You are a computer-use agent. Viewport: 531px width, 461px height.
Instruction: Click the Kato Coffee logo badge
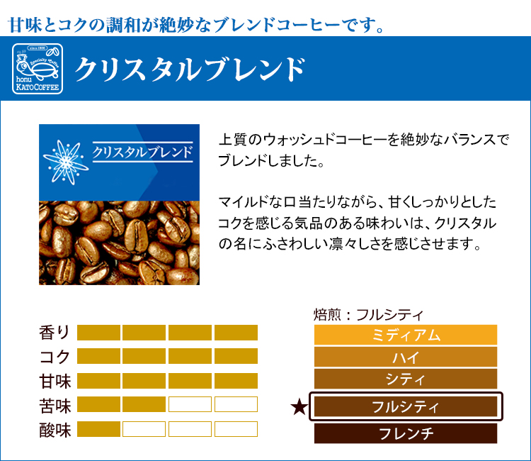[x=38, y=69]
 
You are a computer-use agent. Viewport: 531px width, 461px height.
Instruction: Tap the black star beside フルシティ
[x=299, y=407]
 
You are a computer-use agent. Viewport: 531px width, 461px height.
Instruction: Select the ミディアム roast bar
[x=406, y=335]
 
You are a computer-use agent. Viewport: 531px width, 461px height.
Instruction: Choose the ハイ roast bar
[x=406, y=357]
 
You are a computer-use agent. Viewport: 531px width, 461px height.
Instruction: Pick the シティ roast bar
[x=406, y=379]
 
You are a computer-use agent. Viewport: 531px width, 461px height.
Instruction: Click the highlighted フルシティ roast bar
[x=406, y=406]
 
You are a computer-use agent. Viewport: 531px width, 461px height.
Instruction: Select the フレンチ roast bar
[x=406, y=433]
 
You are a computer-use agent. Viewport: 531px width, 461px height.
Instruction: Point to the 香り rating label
[x=55, y=333]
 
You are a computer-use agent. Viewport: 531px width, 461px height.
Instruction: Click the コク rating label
[x=55, y=357]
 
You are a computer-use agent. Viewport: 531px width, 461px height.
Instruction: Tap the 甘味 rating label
[x=55, y=381]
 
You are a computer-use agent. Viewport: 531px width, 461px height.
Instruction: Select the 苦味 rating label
[x=55, y=406]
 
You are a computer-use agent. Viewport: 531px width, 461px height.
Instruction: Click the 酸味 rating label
[x=55, y=430]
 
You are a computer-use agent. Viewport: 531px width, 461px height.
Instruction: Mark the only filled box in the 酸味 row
[x=98, y=429]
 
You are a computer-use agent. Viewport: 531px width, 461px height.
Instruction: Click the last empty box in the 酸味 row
[x=236, y=429]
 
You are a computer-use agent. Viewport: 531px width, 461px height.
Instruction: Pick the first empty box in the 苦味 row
[x=190, y=404]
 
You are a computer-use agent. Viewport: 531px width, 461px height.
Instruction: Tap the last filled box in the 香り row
[x=236, y=333]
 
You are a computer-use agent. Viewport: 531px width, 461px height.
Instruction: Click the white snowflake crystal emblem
[x=66, y=162]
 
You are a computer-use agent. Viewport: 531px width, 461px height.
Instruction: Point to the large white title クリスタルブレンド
[x=190, y=70]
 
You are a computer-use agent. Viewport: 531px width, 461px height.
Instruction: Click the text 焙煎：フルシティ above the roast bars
[x=368, y=315]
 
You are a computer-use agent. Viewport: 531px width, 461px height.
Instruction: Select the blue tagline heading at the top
[x=195, y=25]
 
